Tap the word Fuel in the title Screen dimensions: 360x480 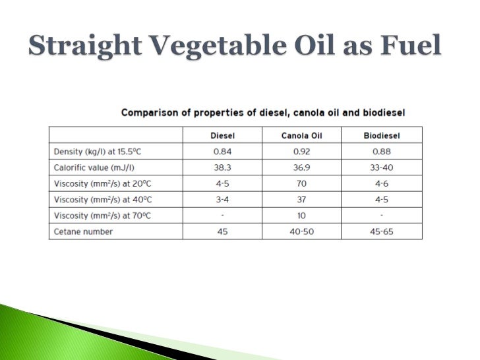[x=407, y=46]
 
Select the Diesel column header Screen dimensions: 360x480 [x=222, y=136]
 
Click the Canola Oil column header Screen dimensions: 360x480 [x=301, y=136]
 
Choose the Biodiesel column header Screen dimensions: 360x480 [x=382, y=136]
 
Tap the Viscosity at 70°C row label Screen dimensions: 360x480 [x=100, y=215]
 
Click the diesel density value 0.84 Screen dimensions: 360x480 [x=222, y=152]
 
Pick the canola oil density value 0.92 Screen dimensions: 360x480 [x=301, y=152]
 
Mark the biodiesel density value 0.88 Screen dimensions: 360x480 [x=382, y=152]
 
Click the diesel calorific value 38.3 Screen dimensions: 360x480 [x=222, y=167]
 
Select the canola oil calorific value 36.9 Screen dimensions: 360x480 [x=301, y=167]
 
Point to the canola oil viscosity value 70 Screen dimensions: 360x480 [x=301, y=183]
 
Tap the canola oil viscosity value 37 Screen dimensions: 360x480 [x=301, y=199]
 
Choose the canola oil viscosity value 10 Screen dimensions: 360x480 [x=301, y=215]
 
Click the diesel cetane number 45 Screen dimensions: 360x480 [x=222, y=231]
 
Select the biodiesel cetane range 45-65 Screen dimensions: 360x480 [x=382, y=231]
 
